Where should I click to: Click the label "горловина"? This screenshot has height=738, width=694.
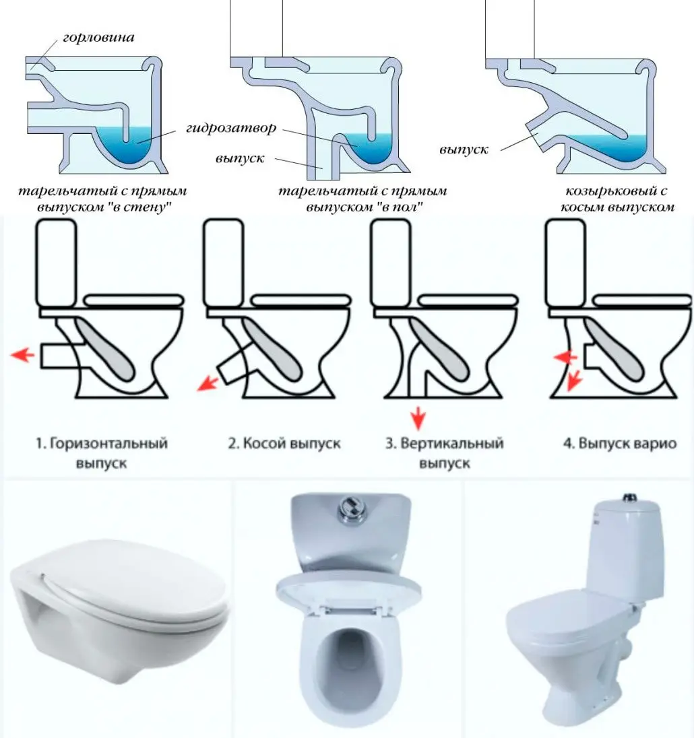click(98, 37)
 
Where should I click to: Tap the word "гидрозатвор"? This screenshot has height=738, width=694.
click(231, 128)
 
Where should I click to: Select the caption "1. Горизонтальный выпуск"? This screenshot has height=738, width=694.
click(102, 452)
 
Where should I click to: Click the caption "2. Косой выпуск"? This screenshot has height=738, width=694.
click(284, 443)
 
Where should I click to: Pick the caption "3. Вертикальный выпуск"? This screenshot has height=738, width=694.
click(445, 452)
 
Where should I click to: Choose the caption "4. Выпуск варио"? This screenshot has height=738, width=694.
click(620, 443)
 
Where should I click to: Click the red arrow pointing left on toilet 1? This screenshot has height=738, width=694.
click(22, 354)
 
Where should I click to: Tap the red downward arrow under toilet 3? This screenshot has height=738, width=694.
click(418, 419)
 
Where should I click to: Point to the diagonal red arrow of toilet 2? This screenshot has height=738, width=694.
click(207, 383)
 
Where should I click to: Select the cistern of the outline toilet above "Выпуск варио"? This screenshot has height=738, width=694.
click(565, 263)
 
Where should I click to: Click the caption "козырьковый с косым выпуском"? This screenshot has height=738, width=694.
click(617, 199)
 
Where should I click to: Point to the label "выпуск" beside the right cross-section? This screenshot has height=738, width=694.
click(464, 150)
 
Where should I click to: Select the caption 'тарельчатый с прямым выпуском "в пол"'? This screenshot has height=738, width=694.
click(362, 199)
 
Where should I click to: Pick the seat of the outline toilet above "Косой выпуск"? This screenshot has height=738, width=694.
click(302, 300)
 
